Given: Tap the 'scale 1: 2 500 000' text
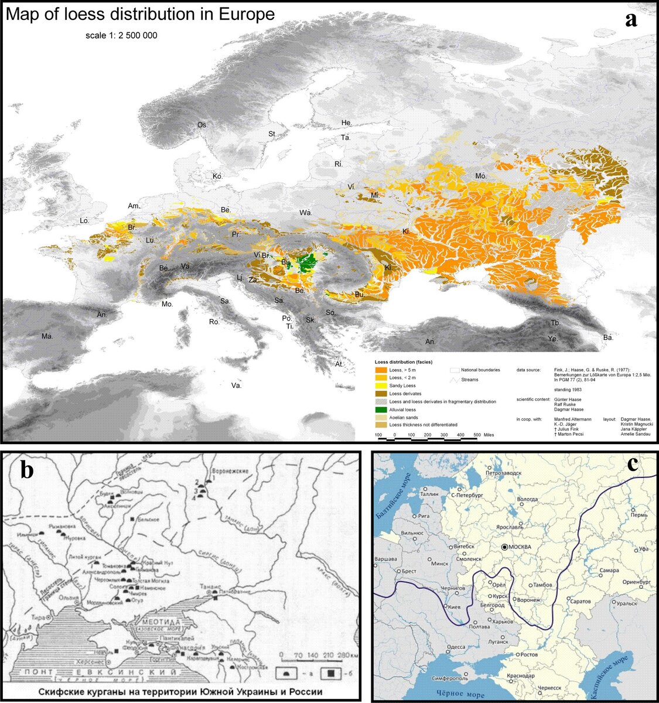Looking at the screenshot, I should click(x=121, y=36).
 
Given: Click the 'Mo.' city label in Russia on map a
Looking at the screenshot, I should click(x=481, y=176).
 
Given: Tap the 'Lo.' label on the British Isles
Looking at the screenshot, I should click(x=84, y=220).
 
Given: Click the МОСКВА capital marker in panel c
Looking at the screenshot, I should click(x=505, y=547).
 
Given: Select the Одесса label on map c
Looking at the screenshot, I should click(x=456, y=647).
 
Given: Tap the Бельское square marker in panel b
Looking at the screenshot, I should click(x=134, y=519).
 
